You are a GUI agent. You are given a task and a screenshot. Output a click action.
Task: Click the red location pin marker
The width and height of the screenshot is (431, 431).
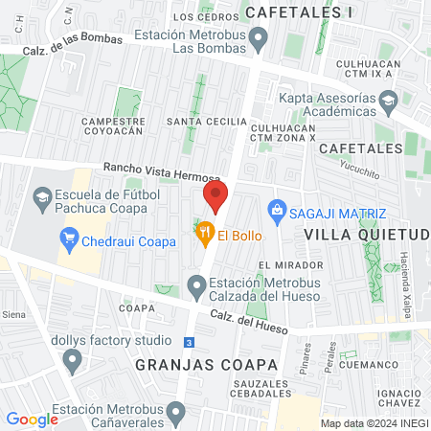(215, 197)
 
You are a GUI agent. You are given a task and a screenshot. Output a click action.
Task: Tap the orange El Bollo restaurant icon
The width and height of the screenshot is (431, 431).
(204, 232)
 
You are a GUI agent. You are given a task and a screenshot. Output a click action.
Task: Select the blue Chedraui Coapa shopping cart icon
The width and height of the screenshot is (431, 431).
(69, 240)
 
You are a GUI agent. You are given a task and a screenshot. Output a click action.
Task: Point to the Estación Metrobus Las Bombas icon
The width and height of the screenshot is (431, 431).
(258, 38)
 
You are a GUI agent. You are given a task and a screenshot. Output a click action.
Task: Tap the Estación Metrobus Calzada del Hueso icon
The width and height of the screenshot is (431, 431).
(197, 284)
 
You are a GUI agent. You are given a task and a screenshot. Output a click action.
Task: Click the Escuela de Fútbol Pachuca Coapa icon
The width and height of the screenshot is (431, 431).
(43, 199)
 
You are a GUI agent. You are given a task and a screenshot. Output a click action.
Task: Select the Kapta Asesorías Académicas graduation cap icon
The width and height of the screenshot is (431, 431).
(388, 100)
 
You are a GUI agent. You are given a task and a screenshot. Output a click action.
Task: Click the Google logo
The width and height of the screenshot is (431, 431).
(32, 419)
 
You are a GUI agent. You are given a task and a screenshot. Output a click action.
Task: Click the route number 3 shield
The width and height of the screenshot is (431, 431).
(190, 342)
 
